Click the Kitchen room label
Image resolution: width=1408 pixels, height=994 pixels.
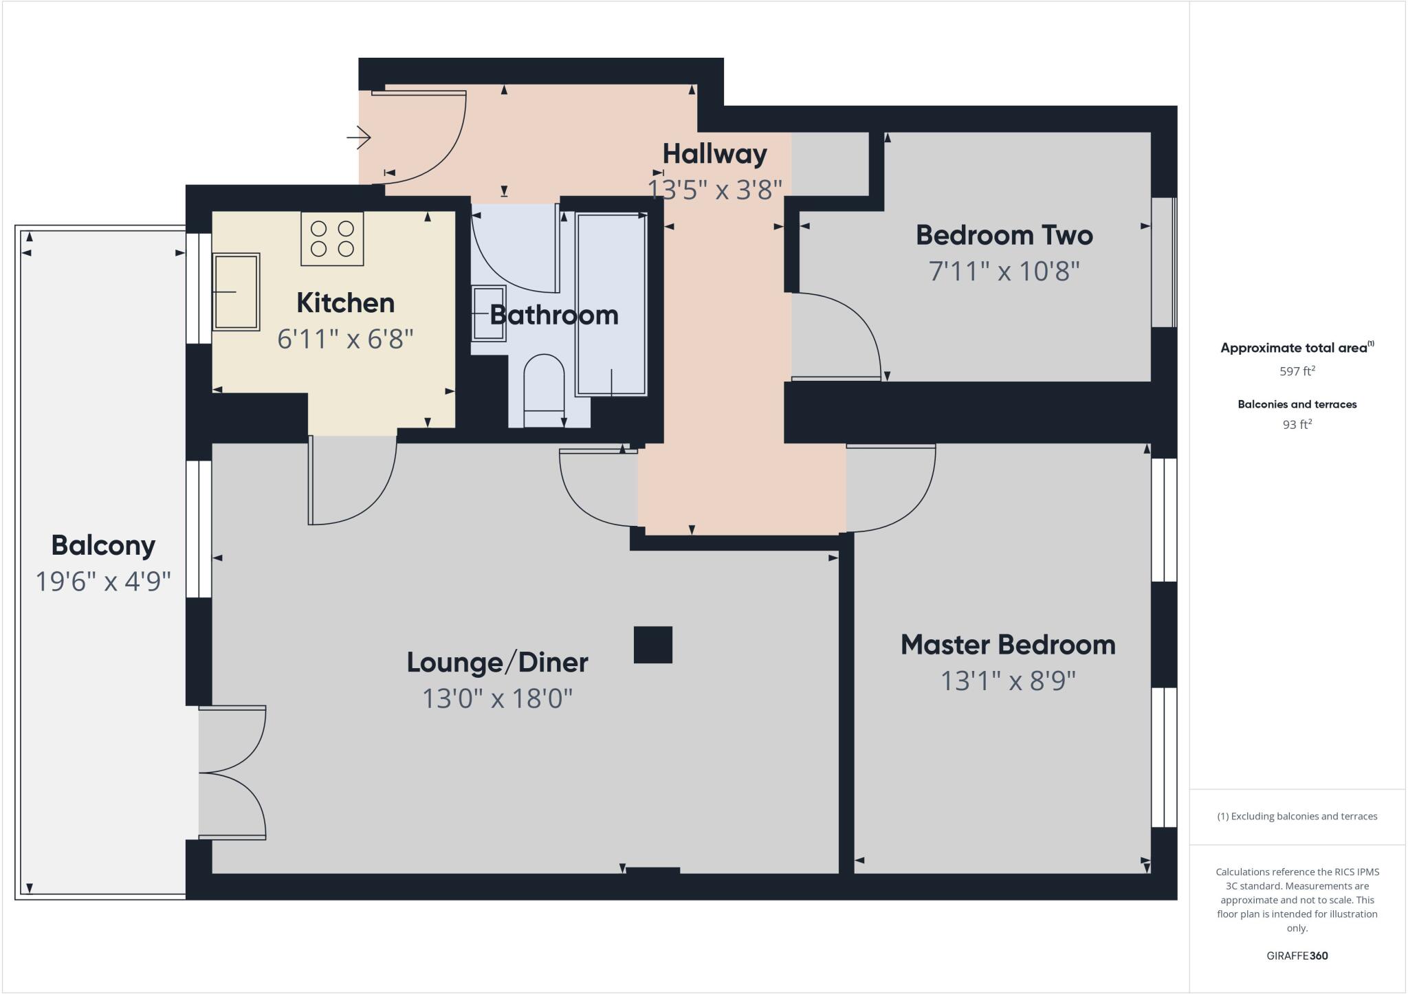click(345, 303)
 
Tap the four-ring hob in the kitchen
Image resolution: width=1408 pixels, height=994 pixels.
click(332, 239)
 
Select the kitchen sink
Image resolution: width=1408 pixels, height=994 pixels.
click(236, 292)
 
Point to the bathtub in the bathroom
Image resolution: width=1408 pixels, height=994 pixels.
click(611, 305)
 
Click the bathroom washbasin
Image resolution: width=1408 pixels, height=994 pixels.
click(489, 313)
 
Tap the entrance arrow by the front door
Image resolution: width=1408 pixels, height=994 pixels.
click(359, 137)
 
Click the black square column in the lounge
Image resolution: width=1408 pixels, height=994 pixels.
click(652, 645)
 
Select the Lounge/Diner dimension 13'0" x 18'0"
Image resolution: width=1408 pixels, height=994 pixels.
click(497, 699)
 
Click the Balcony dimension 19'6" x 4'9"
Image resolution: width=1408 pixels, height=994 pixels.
click(103, 582)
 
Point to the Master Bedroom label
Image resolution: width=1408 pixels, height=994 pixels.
click(1008, 645)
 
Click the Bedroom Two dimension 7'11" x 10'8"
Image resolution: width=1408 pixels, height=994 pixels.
click(1004, 272)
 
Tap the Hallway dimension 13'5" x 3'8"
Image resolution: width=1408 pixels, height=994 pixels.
click(715, 189)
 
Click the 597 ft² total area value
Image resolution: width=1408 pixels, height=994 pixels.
click(1297, 371)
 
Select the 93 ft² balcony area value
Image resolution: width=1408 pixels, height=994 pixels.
click(1297, 425)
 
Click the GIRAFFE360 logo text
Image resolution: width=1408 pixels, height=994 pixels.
click(1297, 956)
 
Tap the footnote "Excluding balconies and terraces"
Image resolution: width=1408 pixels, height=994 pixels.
click(1297, 817)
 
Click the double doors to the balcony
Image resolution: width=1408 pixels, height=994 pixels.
click(232, 773)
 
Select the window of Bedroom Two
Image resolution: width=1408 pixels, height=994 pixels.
click(1163, 263)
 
